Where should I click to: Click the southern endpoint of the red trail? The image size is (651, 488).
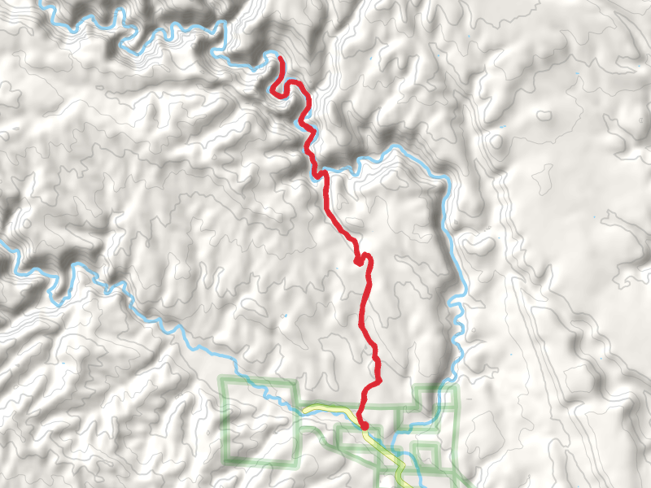[x=364, y=425]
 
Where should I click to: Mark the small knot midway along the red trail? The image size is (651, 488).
[x=358, y=261]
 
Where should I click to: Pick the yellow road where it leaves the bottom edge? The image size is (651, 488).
[x=404, y=486]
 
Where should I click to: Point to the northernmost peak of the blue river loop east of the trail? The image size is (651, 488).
[x=396, y=148]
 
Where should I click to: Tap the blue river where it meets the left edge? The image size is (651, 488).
[x=2, y=243]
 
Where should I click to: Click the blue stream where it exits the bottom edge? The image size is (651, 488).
[x=418, y=486]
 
